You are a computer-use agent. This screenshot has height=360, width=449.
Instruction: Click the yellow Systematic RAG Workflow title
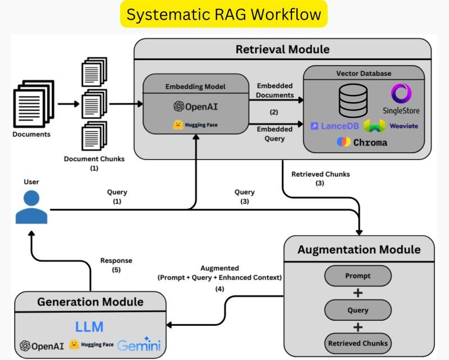point(224,15)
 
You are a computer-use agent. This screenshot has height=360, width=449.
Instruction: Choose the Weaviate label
point(404,126)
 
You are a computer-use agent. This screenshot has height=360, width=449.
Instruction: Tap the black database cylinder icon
point(353,99)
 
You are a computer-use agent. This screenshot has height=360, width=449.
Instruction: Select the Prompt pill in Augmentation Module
point(358,276)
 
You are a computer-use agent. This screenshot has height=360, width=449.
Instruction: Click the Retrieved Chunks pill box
point(358,343)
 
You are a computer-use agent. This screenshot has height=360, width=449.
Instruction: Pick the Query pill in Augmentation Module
point(358,309)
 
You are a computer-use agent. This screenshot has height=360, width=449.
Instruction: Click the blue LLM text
point(90,327)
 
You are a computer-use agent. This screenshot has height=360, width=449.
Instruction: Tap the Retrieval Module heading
point(282,50)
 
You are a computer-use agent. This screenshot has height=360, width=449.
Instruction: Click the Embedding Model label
point(195,86)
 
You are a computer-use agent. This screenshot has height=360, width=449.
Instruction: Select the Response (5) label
point(116,265)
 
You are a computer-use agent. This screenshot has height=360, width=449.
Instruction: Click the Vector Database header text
point(364,74)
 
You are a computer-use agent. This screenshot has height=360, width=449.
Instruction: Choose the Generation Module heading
point(90,302)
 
